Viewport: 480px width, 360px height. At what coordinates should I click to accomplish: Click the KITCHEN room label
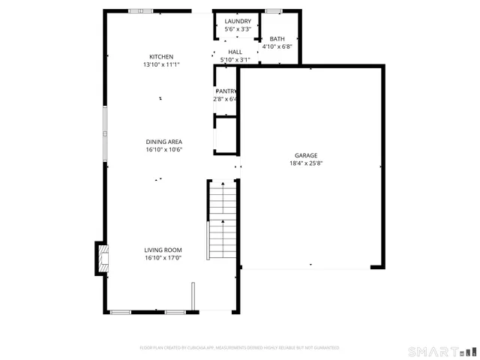[x=161, y=57]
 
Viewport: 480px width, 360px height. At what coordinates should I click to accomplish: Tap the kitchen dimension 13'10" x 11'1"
[x=161, y=65]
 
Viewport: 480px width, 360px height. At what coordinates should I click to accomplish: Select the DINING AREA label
[x=163, y=142]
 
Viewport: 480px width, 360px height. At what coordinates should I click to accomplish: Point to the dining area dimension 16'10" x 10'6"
[x=163, y=149]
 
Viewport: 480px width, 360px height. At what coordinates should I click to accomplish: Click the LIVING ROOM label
[x=163, y=250]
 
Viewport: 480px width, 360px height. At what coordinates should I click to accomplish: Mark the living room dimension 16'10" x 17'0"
[x=163, y=258]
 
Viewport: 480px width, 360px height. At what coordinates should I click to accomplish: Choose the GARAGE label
[x=306, y=155]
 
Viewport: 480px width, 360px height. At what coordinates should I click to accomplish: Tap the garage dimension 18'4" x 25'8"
[x=306, y=163]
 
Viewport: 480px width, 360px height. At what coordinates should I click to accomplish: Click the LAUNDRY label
[x=238, y=21]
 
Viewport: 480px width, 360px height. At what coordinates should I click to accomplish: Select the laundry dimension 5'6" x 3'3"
[x=238, y=29]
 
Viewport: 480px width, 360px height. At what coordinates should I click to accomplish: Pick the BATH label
[x=277, y=39]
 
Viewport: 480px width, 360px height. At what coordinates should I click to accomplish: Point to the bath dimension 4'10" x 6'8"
[x=277, y=46]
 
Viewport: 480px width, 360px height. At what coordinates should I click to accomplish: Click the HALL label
[x=235, y=52]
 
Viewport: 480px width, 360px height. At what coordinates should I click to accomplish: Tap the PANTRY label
[x=226, y=91]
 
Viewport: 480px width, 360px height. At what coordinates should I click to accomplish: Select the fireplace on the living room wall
[x=99, y=259]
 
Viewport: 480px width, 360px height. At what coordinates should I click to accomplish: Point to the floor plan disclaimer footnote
[x=239, y=348]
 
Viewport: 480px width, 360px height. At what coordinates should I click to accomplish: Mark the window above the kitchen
[x=140, y=11]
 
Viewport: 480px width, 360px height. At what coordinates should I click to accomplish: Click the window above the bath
[x=274, y=11]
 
